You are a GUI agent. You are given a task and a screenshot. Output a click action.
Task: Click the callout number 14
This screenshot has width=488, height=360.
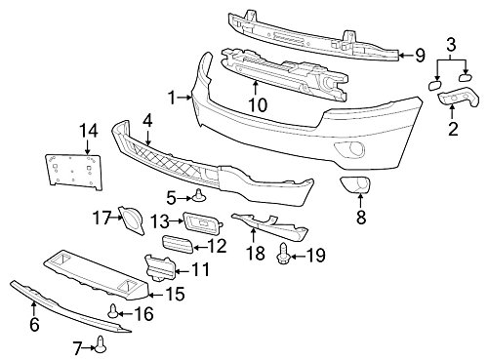click(88, 129)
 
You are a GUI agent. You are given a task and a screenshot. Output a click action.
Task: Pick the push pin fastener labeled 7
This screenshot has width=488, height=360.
click(102, 342)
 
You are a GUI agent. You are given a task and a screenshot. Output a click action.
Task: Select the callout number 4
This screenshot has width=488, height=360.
click(146, 121)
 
